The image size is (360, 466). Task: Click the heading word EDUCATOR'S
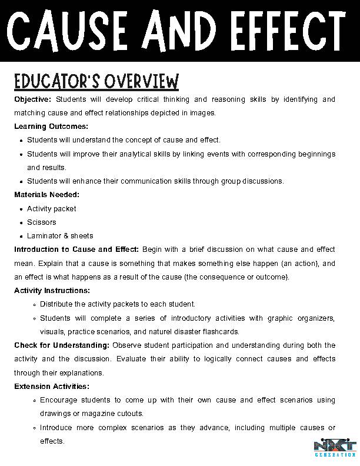click(x=61, y=81)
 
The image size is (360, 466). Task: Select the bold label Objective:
click(x=33, y=99)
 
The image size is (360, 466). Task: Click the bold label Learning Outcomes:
click(x=51, y=127)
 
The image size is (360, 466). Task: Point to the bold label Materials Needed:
click(x=46, y=195)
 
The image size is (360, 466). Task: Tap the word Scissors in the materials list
click(x=42, y=222)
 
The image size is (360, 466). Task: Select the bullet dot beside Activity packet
click(x=21, y=209)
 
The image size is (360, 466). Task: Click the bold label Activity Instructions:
click(x=52, y=291)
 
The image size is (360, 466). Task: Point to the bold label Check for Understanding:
click(x=62, y=345)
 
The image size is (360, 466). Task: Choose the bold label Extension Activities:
click(x=52, y=387)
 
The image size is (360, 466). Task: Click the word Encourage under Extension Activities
click(x=59, y=400)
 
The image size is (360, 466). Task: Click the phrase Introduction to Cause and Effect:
click(x=76, y=249)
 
